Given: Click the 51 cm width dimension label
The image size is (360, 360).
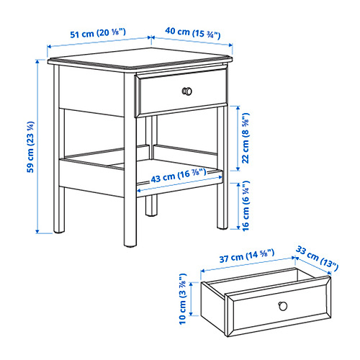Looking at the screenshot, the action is [98, 33].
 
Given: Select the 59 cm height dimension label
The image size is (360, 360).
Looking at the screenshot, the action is [30, 147].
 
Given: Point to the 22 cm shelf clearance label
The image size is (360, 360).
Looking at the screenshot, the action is [246, 138].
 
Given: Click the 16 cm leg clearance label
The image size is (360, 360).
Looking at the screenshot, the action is [246, 206].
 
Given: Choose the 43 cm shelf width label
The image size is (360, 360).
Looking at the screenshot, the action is [179, 176].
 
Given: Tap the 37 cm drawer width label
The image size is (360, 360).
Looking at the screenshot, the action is [247, 256].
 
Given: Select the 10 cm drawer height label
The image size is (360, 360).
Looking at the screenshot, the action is [183, 299].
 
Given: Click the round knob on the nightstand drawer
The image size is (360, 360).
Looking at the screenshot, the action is [187, 91].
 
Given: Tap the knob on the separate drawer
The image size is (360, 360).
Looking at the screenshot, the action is [283, 306].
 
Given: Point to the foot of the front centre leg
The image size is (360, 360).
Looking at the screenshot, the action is [130, 245].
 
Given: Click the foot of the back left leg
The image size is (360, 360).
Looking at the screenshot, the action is [59, 231].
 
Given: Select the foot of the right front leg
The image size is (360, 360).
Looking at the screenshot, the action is [222, 227].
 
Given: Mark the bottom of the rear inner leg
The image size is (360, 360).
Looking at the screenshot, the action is [151, 214].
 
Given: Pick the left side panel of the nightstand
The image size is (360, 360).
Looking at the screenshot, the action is [91, 91].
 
